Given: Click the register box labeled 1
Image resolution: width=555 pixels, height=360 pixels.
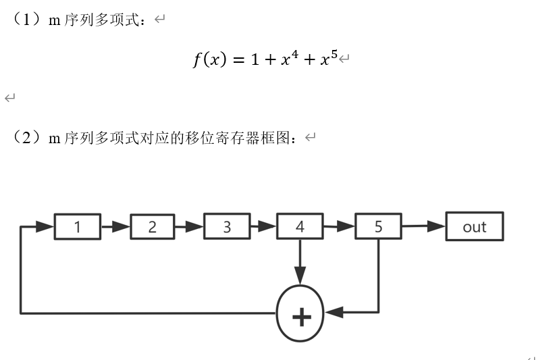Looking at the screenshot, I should click(78, 227).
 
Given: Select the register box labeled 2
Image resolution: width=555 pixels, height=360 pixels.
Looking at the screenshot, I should click(152, 227).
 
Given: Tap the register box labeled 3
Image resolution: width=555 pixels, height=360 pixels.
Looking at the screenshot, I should click(226, 227).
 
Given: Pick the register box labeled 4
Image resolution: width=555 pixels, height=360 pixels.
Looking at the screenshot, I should click(300, 227).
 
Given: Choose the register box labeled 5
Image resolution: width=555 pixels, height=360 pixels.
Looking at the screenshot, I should click(378, 227).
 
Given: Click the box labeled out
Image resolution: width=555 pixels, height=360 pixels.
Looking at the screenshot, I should click(474, 227).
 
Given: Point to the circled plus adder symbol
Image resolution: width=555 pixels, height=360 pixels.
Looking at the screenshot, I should click(300, 313).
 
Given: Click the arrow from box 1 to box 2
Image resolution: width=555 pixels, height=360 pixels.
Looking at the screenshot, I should click(115, 227).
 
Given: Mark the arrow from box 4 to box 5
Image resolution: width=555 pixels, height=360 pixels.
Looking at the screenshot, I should click(339, 227).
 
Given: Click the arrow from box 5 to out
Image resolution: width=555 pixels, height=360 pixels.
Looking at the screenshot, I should click(423, 227).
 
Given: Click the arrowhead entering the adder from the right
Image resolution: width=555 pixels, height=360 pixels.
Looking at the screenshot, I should click(334, 313).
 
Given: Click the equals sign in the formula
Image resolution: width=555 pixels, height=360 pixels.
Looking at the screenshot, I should click(237, 60).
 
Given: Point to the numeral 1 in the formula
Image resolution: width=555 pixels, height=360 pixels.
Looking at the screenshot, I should click(255, 59).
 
